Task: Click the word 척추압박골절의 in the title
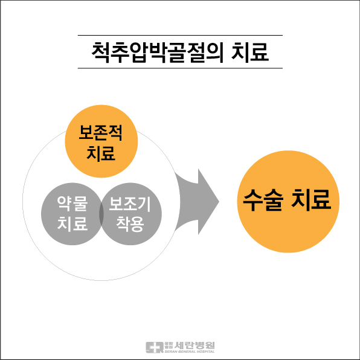point(158,53)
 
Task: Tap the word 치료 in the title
point(250,53)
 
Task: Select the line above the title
point(180,36)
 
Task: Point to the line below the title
point(180,68)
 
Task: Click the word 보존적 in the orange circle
point(100,132)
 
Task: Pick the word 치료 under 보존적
point(101,153)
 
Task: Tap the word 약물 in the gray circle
point(72,204)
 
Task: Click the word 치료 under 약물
point(72,223)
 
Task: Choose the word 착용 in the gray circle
point(130,223)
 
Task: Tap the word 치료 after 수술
point(311,200)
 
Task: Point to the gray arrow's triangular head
point(207,202)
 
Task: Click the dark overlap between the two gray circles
point(101,214)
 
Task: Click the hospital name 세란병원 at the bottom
point(194,345)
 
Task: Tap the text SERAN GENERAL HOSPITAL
point(190,352)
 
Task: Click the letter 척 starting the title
point(100,53)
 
